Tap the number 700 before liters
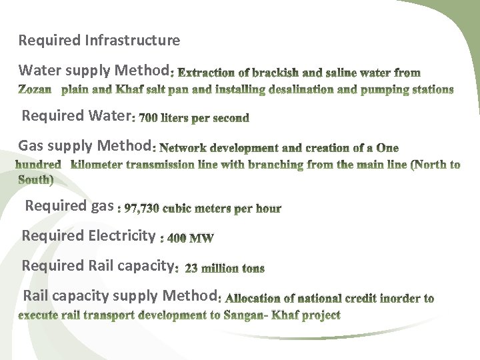click(x=149, y=119)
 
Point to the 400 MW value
click(x=191, y=237)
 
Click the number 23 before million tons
click(x=191, y=269)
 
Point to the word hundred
click(x=39, y=164)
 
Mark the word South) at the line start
click(x=36, y=179)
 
